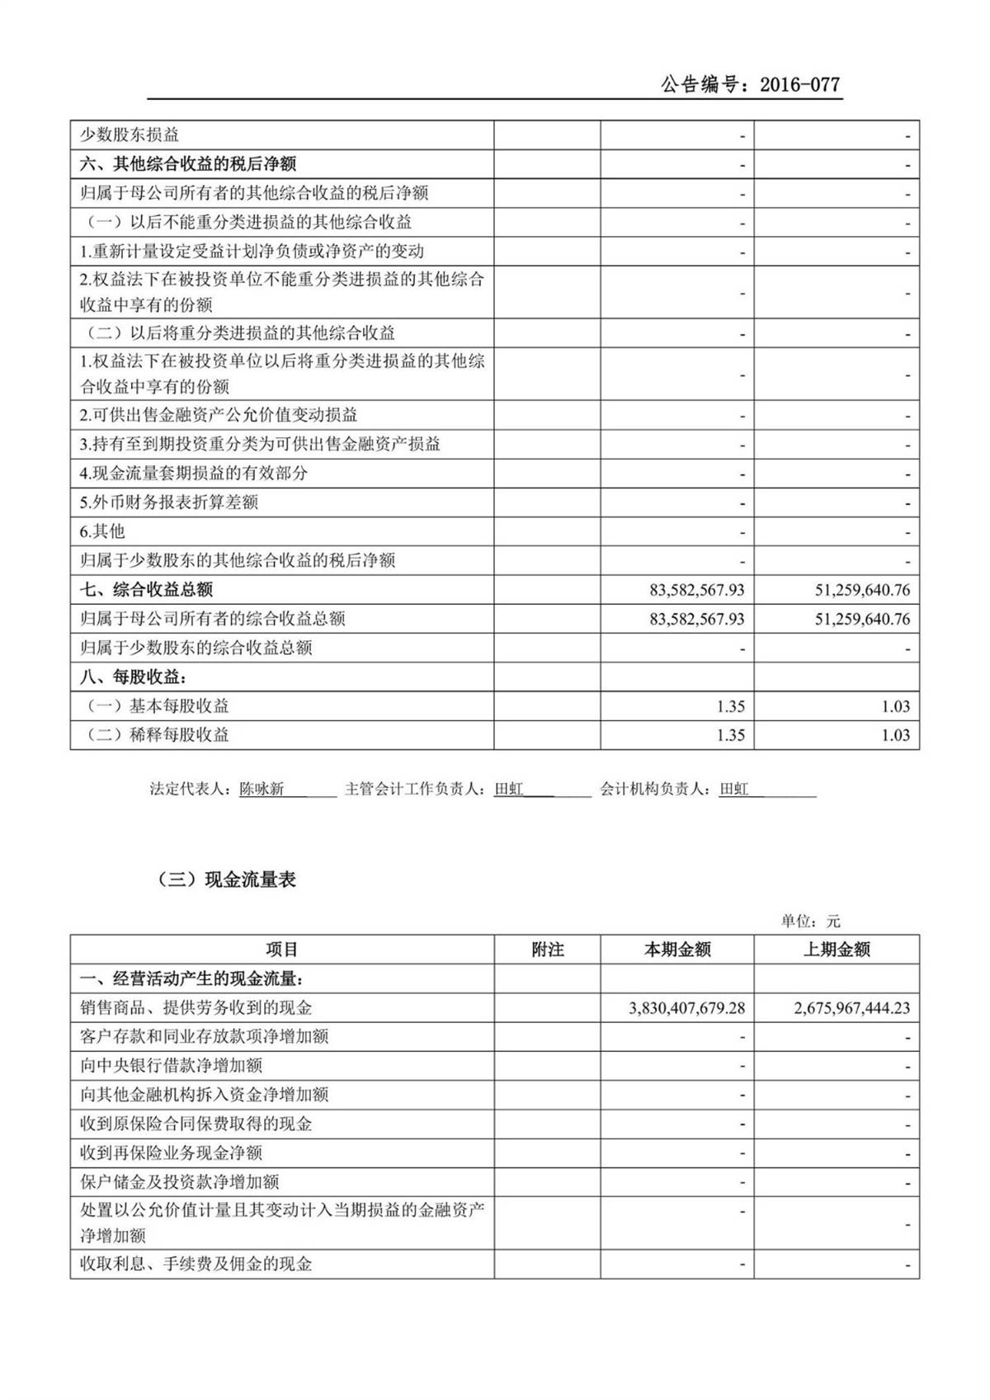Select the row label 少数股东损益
130,135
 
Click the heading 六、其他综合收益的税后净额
188,164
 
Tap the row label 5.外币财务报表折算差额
169,502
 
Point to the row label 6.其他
102,531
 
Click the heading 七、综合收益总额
147,590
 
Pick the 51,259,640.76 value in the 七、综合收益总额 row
862,590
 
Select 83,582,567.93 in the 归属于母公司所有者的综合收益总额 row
696,619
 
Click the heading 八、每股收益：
134,677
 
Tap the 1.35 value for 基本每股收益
731,706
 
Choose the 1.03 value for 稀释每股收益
895,735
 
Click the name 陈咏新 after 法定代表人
262,790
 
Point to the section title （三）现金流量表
226,879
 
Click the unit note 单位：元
810,921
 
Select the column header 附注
547,950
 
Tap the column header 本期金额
676,950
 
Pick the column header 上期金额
836,950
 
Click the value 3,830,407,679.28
686,1008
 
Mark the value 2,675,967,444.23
851,1008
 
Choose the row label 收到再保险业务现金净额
171,1153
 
